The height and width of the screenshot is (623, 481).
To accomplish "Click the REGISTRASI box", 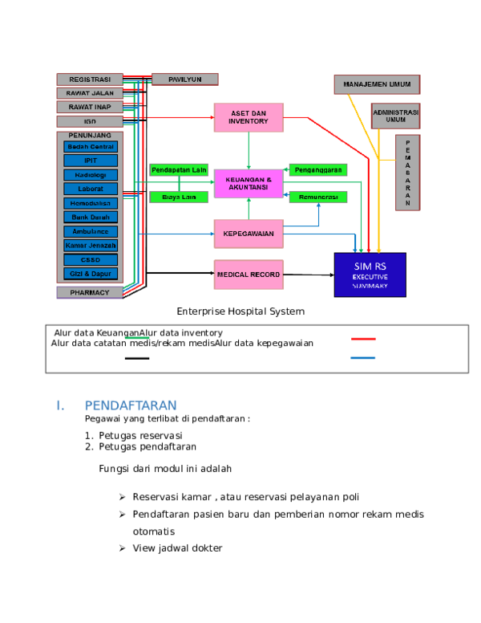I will (90, 79).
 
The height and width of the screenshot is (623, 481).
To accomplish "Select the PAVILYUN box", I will (184, 79).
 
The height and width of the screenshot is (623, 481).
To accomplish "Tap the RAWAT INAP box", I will (90, 107).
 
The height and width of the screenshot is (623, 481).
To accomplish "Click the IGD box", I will (90, 121).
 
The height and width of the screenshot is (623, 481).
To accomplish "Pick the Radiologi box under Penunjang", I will (91, 175).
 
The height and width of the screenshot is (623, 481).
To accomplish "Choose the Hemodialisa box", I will (91, 203).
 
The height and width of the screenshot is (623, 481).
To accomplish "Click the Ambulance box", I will (91, 231).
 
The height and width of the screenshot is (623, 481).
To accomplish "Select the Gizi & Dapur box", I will (91, 274).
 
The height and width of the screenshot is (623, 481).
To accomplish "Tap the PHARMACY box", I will (90, 293).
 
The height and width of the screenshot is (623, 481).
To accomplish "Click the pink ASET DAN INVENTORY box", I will (249, 117).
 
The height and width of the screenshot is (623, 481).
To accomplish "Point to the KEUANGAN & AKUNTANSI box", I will (249, 183).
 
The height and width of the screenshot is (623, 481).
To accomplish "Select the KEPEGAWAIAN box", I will (249, 234).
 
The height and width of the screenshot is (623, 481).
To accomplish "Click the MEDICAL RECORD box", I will (249, 275).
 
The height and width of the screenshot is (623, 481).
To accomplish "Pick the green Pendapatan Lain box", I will (179, 170).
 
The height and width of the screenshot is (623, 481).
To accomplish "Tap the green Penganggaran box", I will (317, 170).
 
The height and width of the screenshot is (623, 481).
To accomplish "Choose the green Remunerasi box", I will (317, 197).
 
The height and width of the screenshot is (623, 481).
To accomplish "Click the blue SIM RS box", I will (370, 275).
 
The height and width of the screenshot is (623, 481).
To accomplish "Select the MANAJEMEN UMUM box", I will (377, 84).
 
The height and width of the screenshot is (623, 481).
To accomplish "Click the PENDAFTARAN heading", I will (130, 405).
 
